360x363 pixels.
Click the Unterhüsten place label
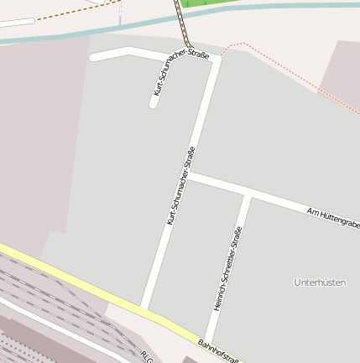[320, 283]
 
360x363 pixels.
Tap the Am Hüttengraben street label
[333, 217]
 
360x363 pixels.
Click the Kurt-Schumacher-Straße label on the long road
[181, 186]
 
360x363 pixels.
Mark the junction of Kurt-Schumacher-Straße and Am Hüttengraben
[189, 176]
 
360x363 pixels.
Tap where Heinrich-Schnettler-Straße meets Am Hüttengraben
[248, 194]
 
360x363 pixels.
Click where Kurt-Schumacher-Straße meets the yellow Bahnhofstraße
[144, 307]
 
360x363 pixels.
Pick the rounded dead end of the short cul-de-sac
[154, 104]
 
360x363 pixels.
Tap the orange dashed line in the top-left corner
[50, 15]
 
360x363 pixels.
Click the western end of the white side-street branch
[93, 57]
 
